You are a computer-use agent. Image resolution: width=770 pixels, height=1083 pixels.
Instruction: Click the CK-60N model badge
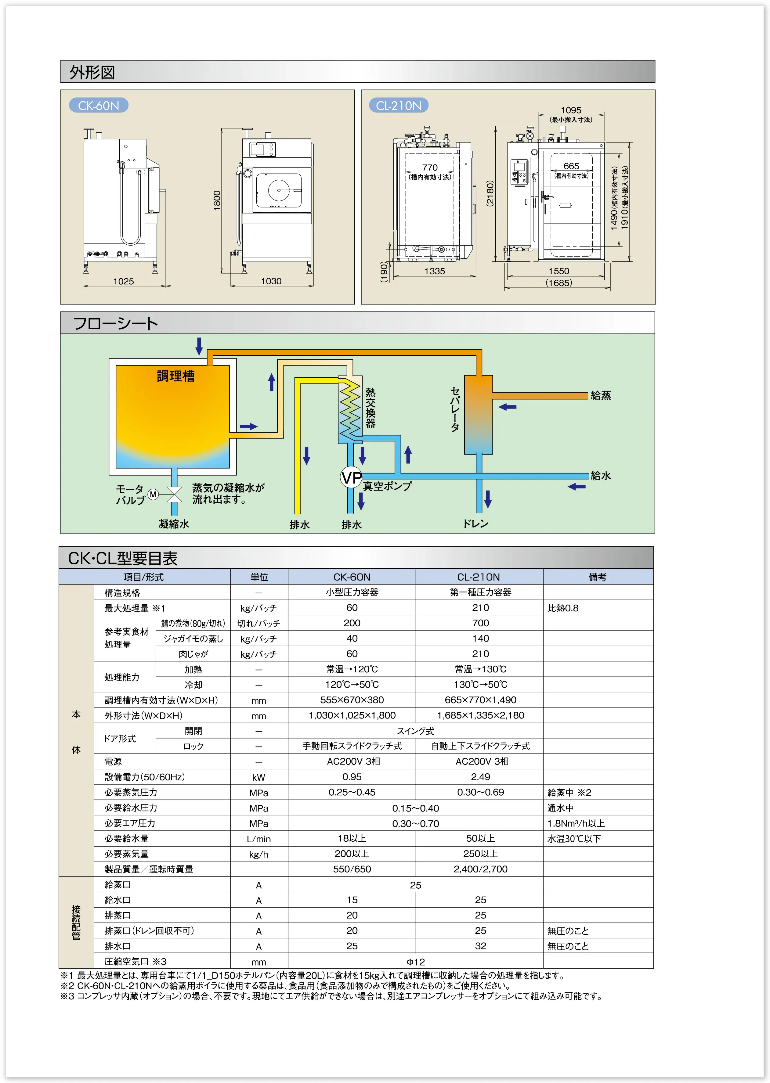click(99, 105)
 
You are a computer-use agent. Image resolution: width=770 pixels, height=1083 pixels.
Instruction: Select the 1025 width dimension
click(123, 281)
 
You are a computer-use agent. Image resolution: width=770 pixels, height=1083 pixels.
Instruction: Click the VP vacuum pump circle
click(351, 477)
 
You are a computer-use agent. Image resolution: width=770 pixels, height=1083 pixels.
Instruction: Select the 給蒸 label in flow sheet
click(601, 395)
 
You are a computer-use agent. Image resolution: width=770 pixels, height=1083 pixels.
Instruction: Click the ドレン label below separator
click(475, 523)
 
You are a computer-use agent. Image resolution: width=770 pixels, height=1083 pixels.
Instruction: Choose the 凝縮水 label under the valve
click(174, 524)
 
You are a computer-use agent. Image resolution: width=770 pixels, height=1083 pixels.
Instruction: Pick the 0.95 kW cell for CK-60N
click(352, 777)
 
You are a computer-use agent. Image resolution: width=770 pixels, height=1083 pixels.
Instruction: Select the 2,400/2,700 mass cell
click(480, 869)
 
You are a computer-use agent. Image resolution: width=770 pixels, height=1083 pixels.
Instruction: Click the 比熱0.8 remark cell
click(563, 608)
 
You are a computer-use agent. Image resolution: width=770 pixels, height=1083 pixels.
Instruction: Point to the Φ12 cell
click(415, 962)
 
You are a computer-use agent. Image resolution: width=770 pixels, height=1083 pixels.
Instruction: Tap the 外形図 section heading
click(92, 72)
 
